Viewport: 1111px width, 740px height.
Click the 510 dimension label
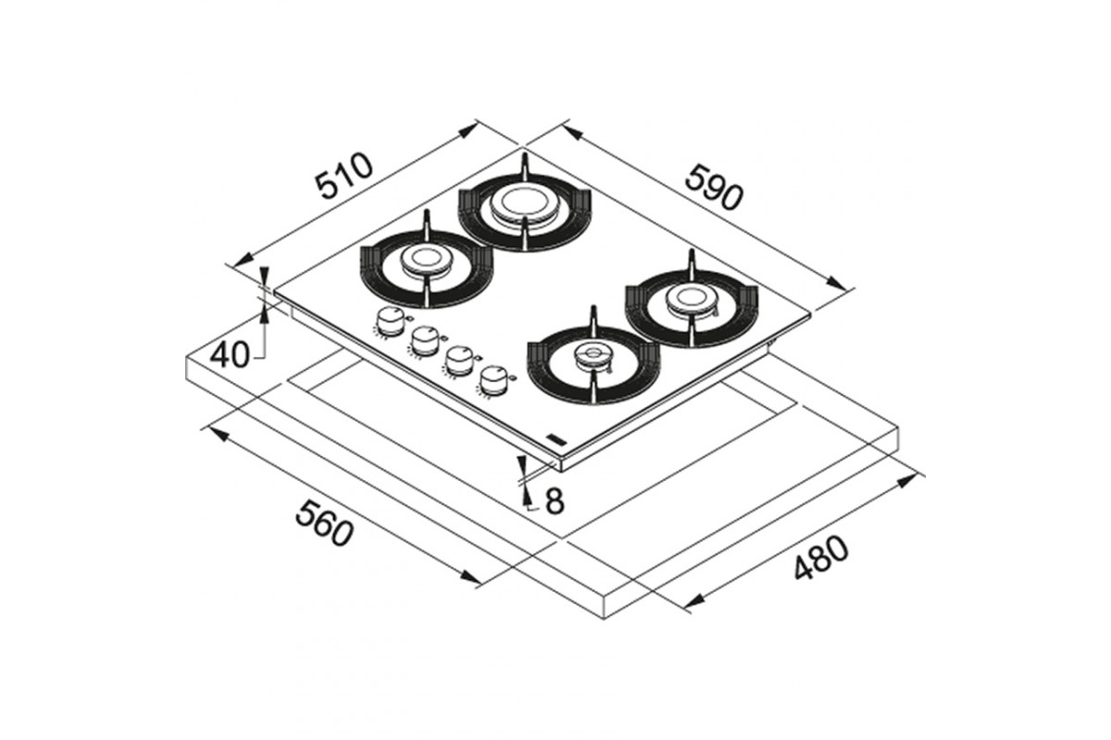(x=344, y=176)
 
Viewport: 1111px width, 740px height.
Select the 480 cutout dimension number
(x=821, y=558)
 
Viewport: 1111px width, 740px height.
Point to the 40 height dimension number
(x=230, y=354)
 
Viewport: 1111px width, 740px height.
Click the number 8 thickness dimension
(x=555, y=500)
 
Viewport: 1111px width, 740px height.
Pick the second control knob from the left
(x=423, y=340)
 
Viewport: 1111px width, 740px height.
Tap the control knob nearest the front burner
(x=493, y=381)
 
